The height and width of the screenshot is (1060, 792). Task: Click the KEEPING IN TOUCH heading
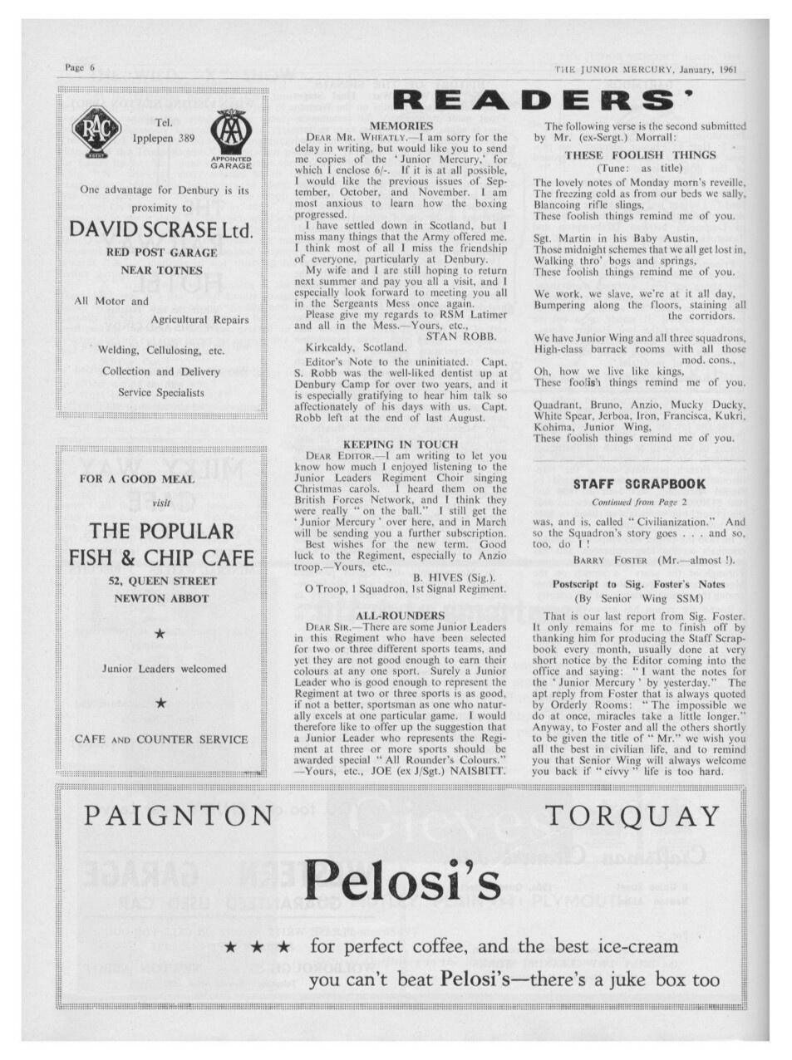click(401, 444)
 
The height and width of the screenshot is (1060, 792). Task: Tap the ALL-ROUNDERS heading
click(401, 616)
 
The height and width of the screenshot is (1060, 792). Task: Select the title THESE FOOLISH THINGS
click(639, 155)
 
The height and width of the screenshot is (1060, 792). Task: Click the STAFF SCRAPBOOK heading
click(639, 483)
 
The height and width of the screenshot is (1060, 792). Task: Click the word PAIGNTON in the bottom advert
click(179, 816)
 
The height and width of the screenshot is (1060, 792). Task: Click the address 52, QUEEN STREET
click(163, 581)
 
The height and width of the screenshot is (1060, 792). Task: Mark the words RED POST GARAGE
click(163, 253)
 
